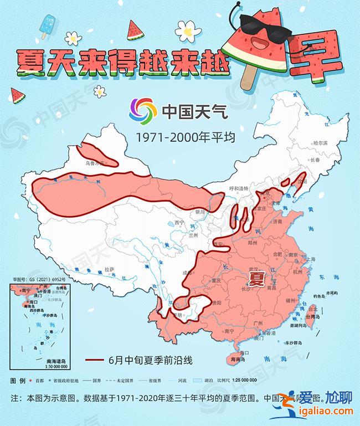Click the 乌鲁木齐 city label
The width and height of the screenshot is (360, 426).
click(x=95, y=163)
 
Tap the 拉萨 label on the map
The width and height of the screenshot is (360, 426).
click(x=111, y=269)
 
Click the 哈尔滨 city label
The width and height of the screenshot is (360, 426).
click(x=320, y=142)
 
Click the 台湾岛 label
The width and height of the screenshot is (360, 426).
click(x=313, y=316)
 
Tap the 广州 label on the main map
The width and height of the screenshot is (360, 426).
click(x=256, y=322)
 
